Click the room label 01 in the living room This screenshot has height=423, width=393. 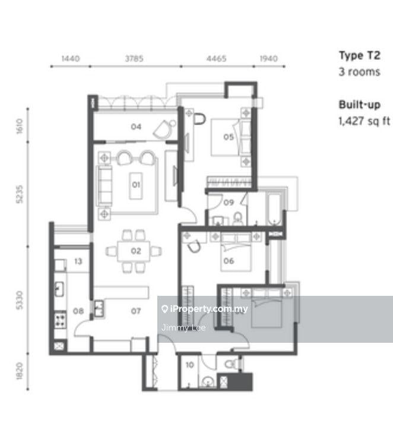point(136,185)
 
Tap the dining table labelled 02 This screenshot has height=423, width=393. point(134,251)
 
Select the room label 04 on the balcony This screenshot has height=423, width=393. point(136,127)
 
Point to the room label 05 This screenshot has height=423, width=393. point(229,137)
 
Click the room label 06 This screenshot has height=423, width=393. point(229,261)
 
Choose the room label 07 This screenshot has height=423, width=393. point(136,311)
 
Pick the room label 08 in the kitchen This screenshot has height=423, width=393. point(78,311)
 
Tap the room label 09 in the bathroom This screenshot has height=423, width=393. point(229,203)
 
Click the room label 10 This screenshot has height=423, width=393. point(190,365)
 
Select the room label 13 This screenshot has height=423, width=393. point(78,261)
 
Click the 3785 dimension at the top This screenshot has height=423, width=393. point(134,59)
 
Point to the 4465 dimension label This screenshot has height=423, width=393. point(216,59)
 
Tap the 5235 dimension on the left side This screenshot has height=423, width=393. point(20,194)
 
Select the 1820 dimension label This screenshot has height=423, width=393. point(20,371)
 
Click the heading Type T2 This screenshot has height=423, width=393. point(360,56)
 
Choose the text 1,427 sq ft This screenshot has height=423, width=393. point(365,121)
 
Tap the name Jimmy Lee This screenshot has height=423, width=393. point(183,327)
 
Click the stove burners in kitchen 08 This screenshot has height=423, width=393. point(60,320)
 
